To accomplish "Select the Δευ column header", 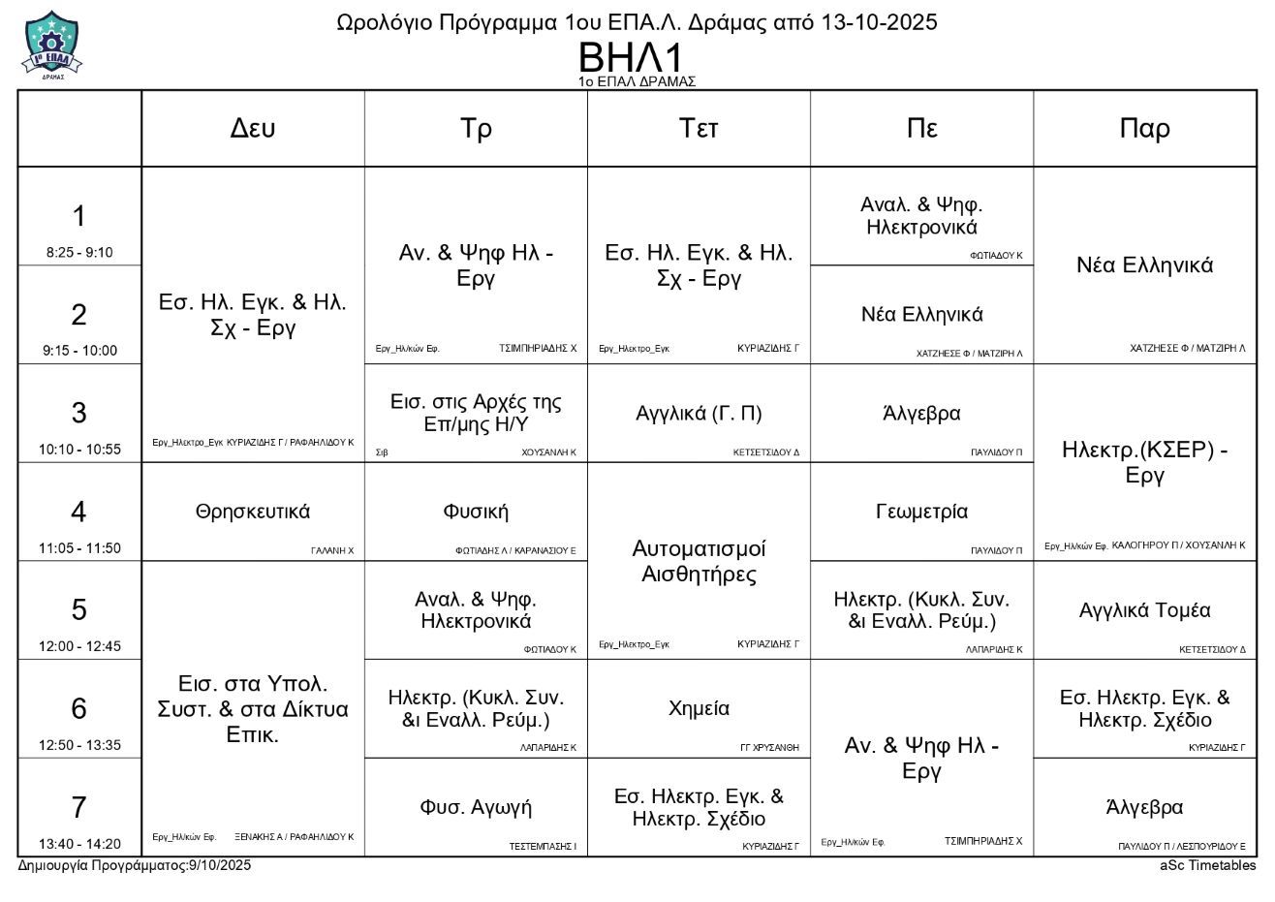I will [253, 129].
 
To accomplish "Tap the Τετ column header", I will [699, 129].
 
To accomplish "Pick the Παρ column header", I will [1144, 129].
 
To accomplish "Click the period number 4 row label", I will [79, 511].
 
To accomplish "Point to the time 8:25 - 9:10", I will [79, 253].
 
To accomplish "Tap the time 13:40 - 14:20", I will [79, 844].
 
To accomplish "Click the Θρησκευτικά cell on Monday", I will [253, 512].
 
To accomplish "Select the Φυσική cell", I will [476, 512].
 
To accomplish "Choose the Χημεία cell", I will [699, 708].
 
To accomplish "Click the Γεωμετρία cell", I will [921, 512].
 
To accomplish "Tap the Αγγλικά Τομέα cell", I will [1144, 610].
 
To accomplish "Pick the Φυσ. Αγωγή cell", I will [476, 807].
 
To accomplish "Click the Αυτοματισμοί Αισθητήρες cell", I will [699, 561].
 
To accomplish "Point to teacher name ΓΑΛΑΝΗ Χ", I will [332, 550].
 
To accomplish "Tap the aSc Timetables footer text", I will [1207, 865].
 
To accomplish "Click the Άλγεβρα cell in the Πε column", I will [921, 413].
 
